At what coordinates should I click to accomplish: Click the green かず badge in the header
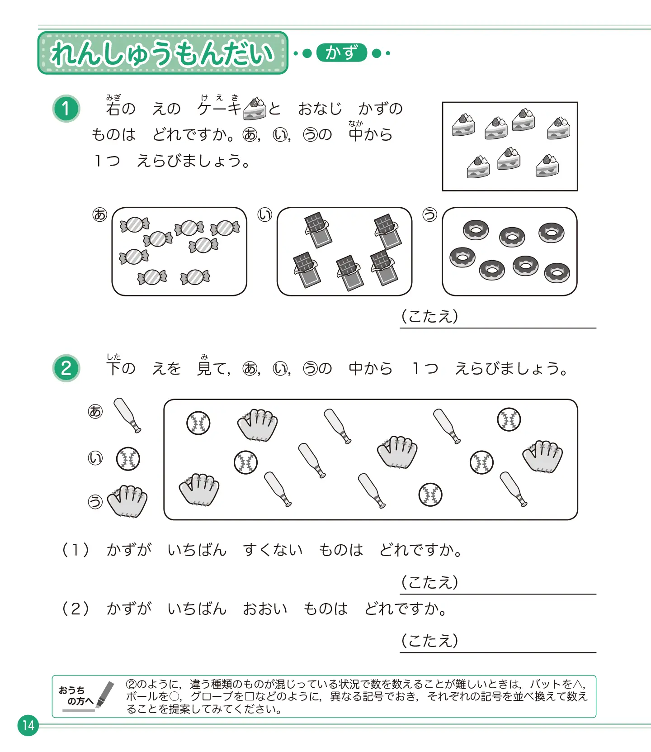(x=341, y=53)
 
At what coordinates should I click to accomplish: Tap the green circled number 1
(x=66, y=109)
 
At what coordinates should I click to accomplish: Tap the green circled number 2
(x=66, y=368)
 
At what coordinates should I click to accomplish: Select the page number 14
(x=28, y=725)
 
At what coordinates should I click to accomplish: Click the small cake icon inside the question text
(x=255, y=109)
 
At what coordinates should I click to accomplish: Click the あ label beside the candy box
(x=99, y=214)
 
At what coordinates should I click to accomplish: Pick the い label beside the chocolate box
(x=265, y=214)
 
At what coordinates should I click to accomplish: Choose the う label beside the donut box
(x=429, y=214)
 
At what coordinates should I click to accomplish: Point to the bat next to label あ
(x=127, y=415)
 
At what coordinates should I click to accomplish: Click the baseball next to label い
(x=128, y=459)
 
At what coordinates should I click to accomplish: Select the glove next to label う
(x=127, y=500)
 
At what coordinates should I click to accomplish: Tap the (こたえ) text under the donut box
(x=429, y=316)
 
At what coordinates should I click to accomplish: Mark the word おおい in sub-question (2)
(x=265, y=609)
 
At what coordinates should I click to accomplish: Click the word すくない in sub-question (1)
(x=273, y=550)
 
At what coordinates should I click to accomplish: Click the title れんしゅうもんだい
(x=163, y=53)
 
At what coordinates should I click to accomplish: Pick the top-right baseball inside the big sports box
(x=509, y=419)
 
